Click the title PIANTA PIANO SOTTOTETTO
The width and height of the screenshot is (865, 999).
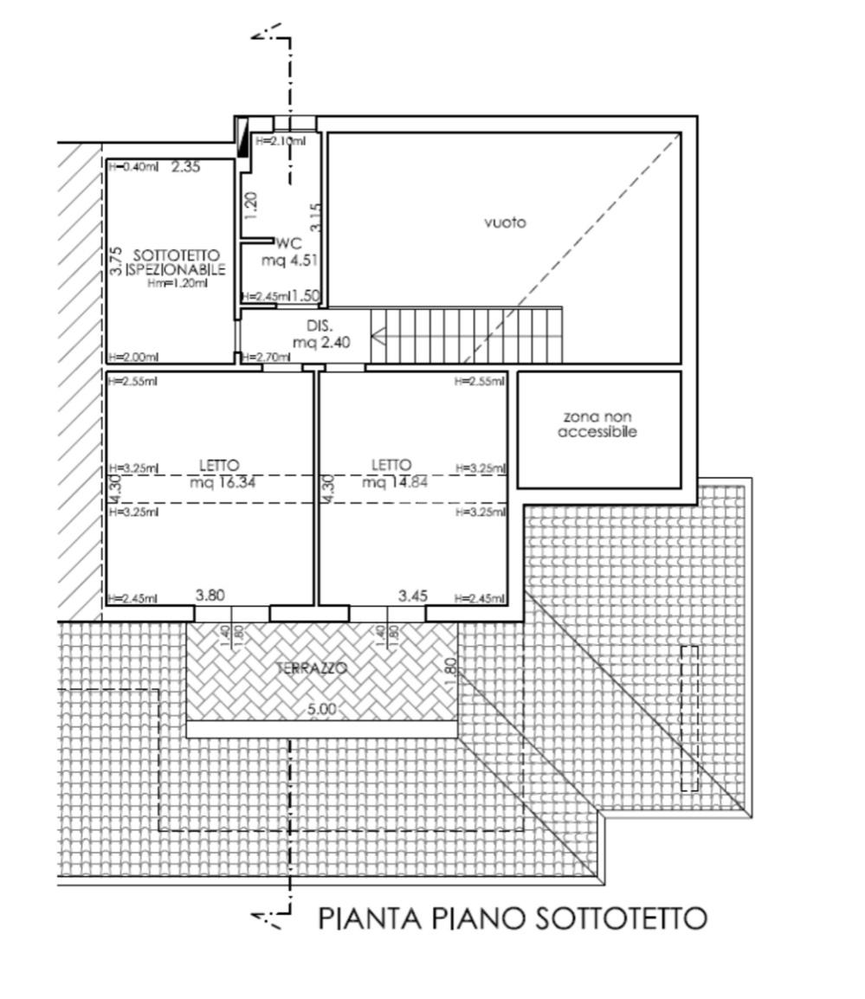click(513, 918)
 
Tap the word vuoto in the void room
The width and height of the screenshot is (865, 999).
click(505, 222)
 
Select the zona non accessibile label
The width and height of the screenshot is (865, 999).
click(597, 424)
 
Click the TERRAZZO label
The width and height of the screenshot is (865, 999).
click(312, 668)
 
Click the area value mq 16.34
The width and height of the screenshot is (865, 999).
click(223, 482)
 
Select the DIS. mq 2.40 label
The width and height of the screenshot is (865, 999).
click(314, 334)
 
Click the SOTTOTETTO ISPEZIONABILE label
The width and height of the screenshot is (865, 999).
click(167, 263)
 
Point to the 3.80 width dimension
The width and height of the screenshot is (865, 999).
click(210, 595)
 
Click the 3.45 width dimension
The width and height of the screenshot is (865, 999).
click(413, 596)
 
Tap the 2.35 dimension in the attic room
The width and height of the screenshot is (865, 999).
click(185, 166)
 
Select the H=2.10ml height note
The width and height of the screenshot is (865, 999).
click(280, 141)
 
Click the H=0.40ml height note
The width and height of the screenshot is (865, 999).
click(132, 167)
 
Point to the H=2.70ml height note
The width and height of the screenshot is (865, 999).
click(265, 357)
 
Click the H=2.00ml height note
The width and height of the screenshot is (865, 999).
click(132, 357)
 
